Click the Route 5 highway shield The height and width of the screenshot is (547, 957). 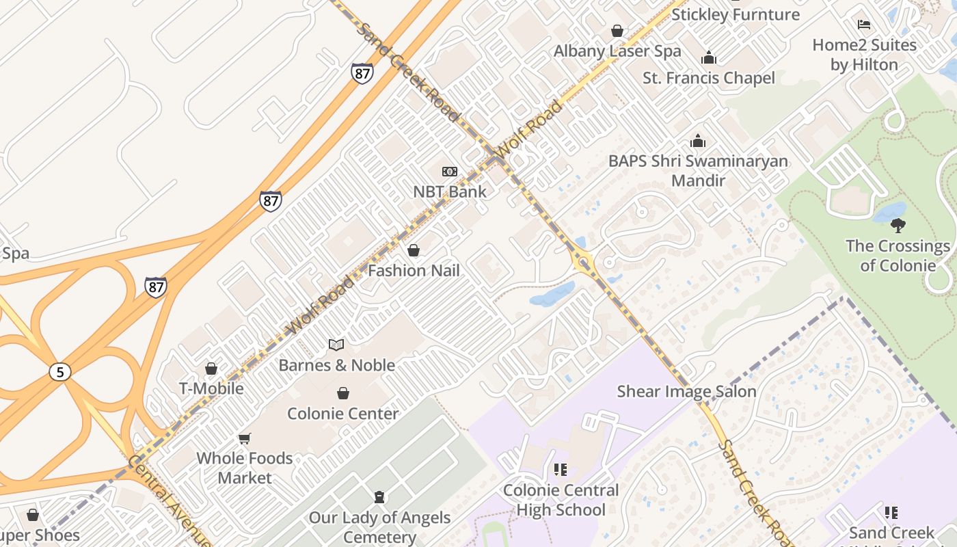[60, 372]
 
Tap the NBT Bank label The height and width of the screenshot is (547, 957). [450, 191]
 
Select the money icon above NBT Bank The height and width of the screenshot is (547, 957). [450, 172]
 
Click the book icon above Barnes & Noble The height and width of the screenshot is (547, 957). [336, 345]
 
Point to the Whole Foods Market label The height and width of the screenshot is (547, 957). [245, 468]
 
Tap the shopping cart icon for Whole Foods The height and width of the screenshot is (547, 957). [245, 438]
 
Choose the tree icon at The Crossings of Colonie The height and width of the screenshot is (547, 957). [898, 225]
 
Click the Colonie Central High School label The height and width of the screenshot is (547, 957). [561, 500]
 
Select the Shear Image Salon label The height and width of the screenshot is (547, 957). [686, 391]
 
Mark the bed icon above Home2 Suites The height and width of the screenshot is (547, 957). [864, 25]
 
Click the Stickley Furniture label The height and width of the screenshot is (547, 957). [736, 14]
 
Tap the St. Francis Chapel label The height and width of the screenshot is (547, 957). [709, 78]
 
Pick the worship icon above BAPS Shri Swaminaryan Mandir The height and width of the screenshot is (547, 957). [698, 141]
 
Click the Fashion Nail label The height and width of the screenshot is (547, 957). [414, 270]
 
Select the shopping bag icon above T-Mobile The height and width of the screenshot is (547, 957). [211, 369]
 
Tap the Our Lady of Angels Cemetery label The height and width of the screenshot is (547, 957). [379, 527]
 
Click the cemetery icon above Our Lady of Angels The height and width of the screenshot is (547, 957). [379, 497]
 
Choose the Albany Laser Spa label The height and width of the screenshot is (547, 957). [617, 51]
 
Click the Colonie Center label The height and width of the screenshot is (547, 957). [342, 414]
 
